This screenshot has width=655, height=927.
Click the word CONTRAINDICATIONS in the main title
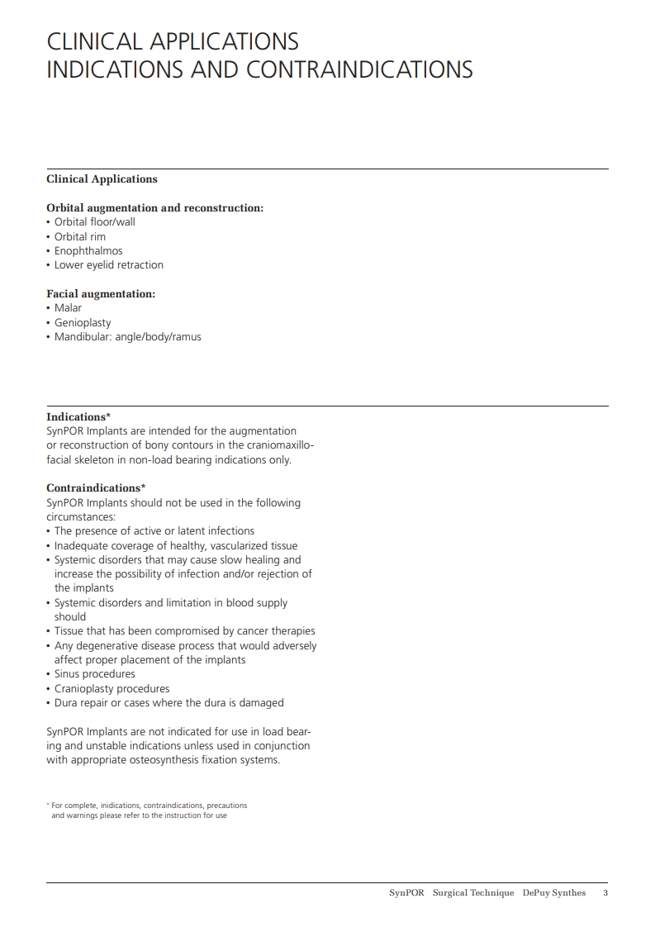(x=359, y=69)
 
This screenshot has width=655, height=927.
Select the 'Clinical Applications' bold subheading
(x=102, y=179)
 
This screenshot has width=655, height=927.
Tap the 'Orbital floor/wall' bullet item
(x=94, y=222)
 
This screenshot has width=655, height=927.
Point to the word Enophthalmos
(x=88, y=251)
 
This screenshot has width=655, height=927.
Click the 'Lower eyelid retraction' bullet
(x=108, y=265)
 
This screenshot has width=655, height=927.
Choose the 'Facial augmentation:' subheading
(x=101, y=294)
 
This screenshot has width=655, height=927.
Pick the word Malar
(x=68, y=308)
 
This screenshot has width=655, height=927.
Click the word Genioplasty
(x=83, y=323)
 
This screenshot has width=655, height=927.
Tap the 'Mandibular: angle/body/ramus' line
(x=127, y=337)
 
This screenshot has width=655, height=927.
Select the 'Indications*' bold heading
(x=78, y=417)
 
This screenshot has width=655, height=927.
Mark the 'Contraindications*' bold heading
(x=96, y=488)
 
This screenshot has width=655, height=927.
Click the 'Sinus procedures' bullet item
(x=94, y=674)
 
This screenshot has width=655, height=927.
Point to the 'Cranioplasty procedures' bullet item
(x=112, y=689)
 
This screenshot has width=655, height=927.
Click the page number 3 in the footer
(x=605, y=893)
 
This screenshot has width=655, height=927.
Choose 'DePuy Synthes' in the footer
(x=553, y=893)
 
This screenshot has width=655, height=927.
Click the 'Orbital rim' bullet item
(x=80, y=237)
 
